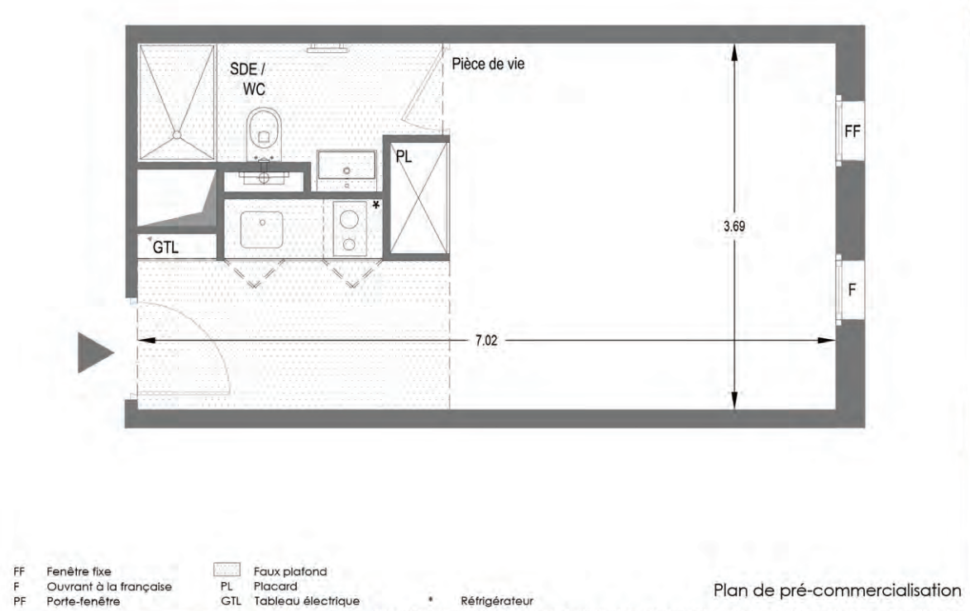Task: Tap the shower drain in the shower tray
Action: tap(177, 134)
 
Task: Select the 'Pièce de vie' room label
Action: tap(488, 64)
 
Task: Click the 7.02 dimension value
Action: tap(486, 341)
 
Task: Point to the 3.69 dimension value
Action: tap(734, 227)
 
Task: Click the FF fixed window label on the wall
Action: tap(853, 131)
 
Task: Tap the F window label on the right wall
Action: tap(852, 289)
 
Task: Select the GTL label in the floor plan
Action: tap(165, 247)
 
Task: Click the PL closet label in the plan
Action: tap(404, 157)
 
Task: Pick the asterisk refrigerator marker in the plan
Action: tap(375, 205)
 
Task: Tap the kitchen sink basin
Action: tap(261, 229)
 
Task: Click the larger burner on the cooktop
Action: tap(349, 220)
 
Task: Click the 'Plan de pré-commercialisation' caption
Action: tap(837, 590)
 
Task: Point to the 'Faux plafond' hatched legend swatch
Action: tap(227, 570)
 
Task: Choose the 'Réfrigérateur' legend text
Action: tap(497, 600)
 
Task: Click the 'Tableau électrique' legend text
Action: tap(306, 600)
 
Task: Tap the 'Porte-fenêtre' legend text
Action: tap(84, 600)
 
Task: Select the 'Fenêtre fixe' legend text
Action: tap(79, 571)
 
